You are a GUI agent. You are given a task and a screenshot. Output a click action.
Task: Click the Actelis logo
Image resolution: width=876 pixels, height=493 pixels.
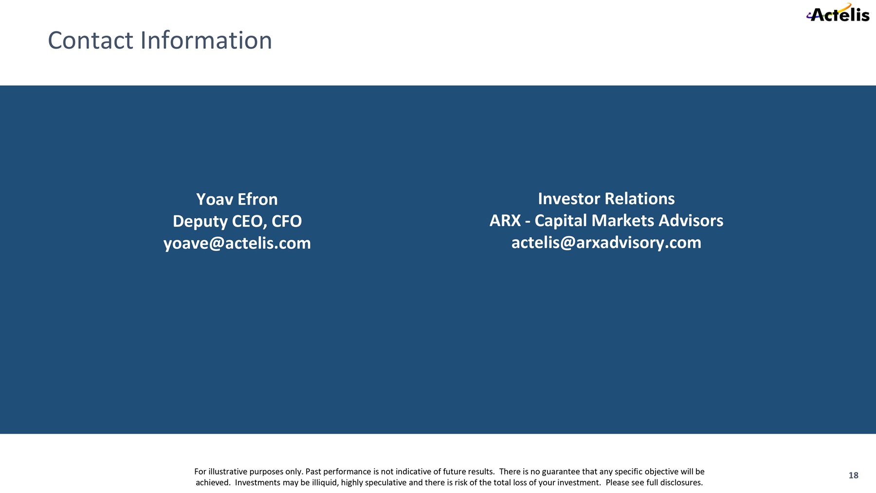pyautogui.click(x=838, y=13)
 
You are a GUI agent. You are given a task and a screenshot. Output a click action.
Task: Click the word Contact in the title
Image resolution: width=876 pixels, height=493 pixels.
pyautogui.click(x=91, y=40)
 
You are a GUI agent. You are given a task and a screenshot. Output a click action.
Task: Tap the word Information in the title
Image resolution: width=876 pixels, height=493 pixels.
pyautogui.click(x=206, y=40)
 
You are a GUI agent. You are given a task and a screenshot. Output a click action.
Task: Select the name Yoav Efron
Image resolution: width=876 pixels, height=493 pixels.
pyautogui.click(x=237, y=199)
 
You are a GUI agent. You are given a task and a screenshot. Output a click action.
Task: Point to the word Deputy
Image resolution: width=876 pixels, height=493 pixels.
pyautogui.click(x=200, y=222)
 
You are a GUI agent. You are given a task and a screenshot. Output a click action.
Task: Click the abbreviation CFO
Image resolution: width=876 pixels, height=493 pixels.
pyautogui.click(x=287, y=221)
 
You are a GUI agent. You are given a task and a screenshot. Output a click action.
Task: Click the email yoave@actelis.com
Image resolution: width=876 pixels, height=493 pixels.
pyautogui.click(x=237, y=243)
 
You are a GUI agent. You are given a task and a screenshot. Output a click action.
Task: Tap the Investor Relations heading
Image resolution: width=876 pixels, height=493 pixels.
pyautogui.click(x=606, y=199)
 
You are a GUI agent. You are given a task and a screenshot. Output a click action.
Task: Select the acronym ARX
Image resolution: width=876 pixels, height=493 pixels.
pyautogui.click(x=505, y=221)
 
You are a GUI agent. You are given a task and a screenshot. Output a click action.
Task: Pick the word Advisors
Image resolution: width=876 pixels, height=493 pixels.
pyautogui.click(x=691, y=221)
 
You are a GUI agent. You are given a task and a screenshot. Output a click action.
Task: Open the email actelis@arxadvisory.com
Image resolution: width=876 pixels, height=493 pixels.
pyautogui.click(x=606, y=243)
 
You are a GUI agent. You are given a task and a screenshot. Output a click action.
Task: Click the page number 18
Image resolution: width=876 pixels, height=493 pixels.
pyautogui.click(x=854, y=475)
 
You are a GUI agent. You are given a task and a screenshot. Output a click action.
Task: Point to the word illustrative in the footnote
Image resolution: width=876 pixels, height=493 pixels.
pyautogui.click(x=228, y=472)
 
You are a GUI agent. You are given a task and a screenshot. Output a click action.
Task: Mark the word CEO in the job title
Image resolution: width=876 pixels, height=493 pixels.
pyautogui.click(x=250, y=221)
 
